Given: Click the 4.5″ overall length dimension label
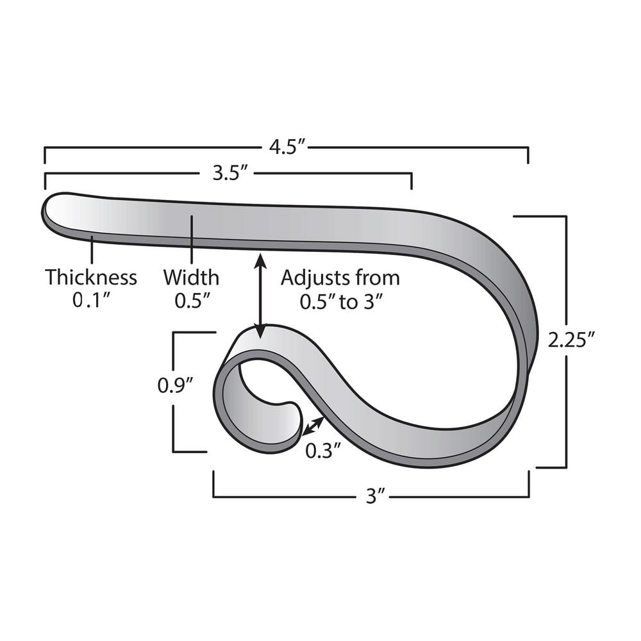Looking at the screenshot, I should (x=285, y=147).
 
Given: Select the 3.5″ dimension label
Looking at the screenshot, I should (x=228, y=173).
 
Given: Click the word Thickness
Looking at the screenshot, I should (x=90, y=278).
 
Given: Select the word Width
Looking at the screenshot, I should (x=190, y=278).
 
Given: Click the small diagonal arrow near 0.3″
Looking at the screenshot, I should (x=313, y=426).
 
